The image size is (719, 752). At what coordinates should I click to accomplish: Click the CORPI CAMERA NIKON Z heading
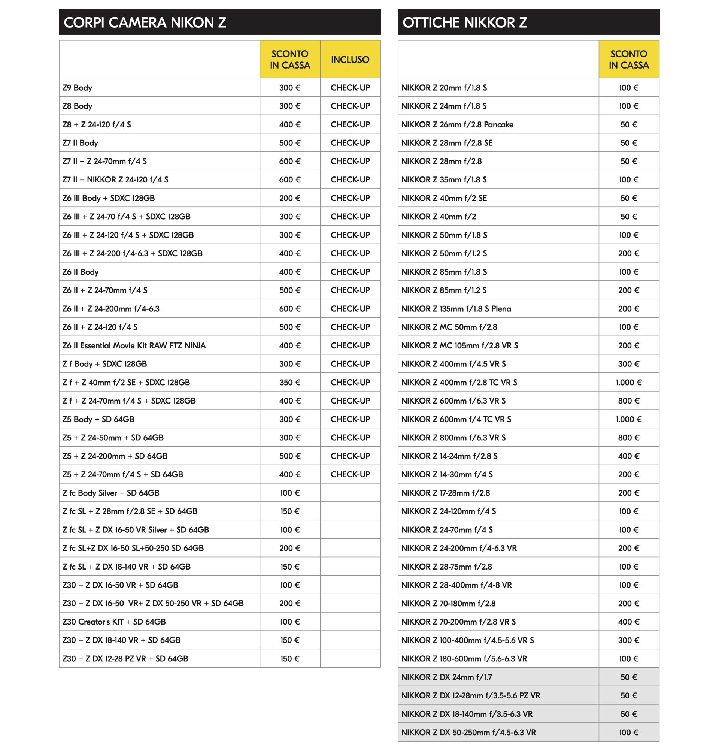(145, 22)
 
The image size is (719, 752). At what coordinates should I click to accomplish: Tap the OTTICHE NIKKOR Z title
(464, 22)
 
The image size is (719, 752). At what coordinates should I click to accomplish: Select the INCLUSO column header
(350, 60)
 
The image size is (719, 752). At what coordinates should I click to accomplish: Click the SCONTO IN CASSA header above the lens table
(628, 60)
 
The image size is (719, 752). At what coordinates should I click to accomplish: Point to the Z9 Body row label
(78, 87)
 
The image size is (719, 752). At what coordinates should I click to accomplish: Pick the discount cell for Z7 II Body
(290, 143)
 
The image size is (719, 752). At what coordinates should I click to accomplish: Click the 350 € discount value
(290, 382)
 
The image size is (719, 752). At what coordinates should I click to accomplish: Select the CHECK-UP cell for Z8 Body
(350, 106)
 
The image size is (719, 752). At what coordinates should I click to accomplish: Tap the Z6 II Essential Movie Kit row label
(134, 345)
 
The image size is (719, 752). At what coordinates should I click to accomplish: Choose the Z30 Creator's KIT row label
(114, 622)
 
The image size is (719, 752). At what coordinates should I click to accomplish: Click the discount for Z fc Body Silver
(290, 493)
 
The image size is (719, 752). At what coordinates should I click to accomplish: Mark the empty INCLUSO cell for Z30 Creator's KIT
(350, 622)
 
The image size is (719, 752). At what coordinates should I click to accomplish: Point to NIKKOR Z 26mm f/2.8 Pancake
(457, 125)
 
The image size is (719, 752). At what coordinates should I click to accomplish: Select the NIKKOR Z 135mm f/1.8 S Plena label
(456, 309)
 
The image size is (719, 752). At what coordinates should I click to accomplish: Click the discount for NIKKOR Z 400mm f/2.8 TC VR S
(628, 382)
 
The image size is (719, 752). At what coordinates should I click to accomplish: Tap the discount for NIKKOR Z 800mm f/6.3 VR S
(628, 438)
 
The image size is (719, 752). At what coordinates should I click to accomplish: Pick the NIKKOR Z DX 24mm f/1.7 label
(446, 677)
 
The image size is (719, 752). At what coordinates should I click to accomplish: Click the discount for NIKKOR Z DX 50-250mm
(628, 733)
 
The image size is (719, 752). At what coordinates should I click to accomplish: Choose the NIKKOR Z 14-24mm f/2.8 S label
(449, 456)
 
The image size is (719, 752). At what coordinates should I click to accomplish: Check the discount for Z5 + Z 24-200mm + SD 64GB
(290, 456)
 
